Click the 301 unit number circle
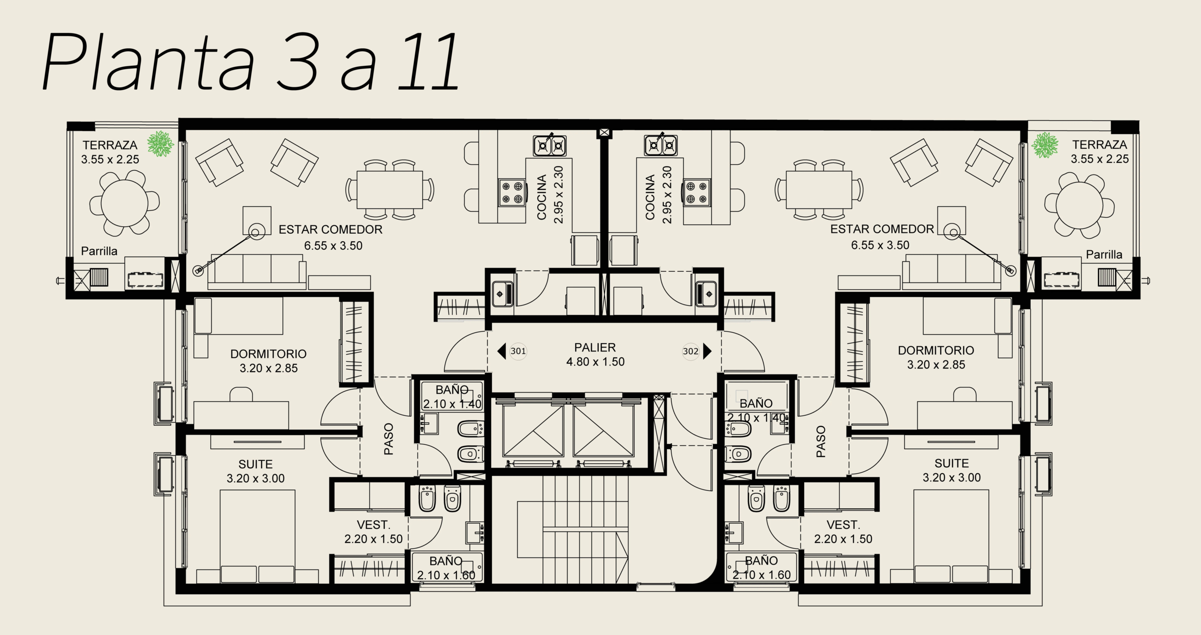click(518, 351)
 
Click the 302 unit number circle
click(691, 351)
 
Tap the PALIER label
click(595, 348)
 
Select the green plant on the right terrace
click(1046, 144)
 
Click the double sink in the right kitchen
click(661, 145)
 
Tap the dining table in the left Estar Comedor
click(389, 190)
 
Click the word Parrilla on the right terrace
click(1104, 255)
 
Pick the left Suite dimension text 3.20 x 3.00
click(256, 478)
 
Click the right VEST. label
click(843, 525)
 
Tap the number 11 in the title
click(427, 62)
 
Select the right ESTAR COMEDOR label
click(882, 229)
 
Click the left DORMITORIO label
click(268, 353)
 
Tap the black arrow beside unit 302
click(707, 351)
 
